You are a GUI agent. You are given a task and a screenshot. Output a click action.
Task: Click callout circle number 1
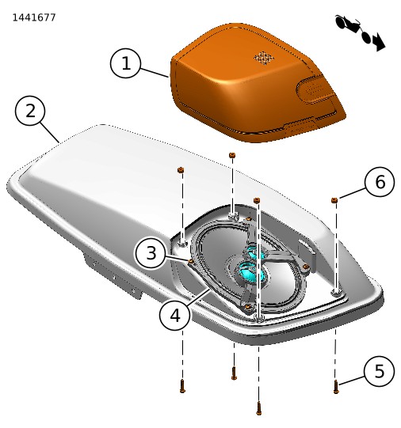click(125, 63)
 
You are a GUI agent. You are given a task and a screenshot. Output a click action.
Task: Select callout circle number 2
click(30, 111)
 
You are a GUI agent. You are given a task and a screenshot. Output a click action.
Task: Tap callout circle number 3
click(151, 252)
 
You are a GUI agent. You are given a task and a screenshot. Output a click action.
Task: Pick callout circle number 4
click(174, 316)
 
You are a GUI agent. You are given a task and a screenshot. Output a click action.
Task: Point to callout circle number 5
click(379, 371)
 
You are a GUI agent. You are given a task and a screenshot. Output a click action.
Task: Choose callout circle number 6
click(380, 181)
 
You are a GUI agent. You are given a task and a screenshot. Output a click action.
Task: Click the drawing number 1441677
click(34, 17)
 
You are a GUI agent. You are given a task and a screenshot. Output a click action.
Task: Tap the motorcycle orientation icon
click(360, 32)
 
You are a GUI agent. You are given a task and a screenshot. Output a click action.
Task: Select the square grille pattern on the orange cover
click(264, 58)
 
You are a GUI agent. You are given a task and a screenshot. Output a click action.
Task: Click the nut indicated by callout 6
click(334, 200)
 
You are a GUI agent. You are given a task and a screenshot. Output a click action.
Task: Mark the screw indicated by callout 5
click(336, 387)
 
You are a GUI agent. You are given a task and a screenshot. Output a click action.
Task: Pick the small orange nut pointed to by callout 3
click(191, 262)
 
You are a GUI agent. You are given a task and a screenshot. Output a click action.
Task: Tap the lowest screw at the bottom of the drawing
click(258, 408)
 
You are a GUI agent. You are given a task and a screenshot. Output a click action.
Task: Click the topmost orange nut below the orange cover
click(232, 155)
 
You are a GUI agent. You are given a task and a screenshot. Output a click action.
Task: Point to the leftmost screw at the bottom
click(182, 386)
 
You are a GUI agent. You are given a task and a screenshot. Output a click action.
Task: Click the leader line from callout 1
click(155, 73)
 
